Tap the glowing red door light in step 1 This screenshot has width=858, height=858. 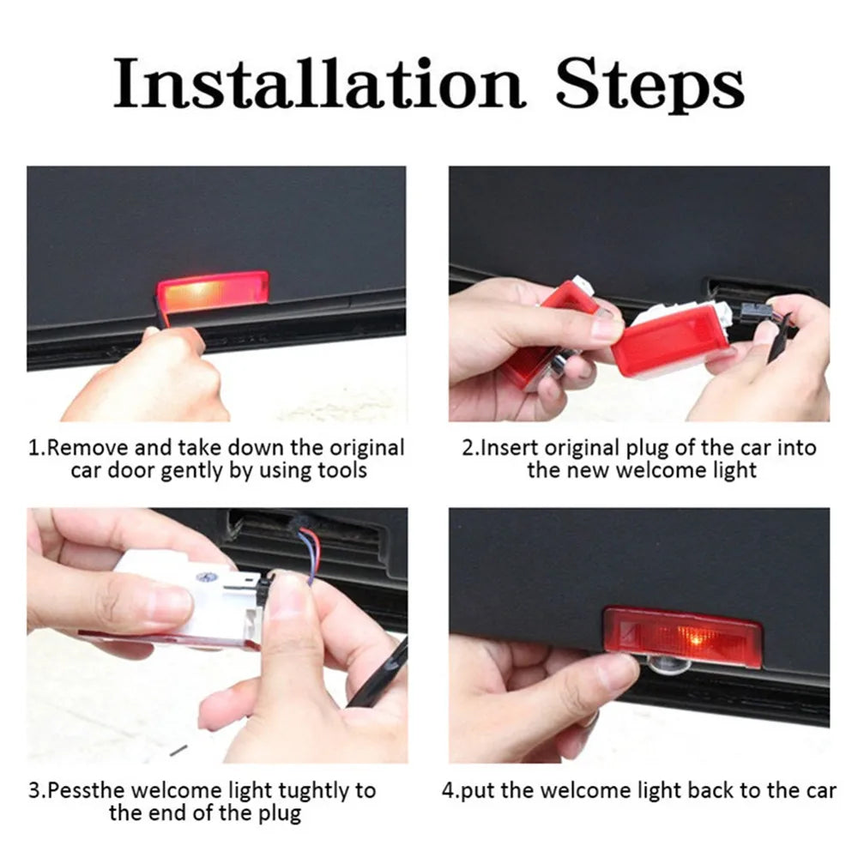(213, 291)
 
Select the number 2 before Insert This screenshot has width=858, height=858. (467, 448)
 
